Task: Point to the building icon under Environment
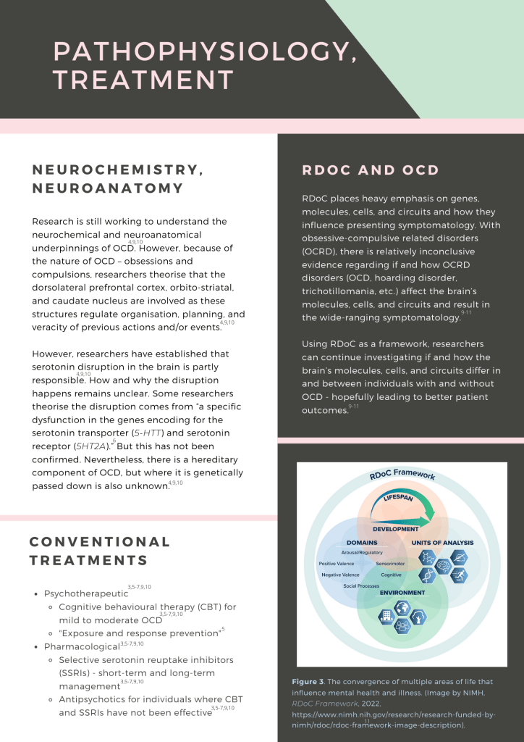click(385, 616)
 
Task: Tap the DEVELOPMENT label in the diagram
click(396, 529)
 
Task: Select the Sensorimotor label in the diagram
click(390, 563)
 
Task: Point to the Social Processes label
click(361, 585)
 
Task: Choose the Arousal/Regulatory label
click(362, 552)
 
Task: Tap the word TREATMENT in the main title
click(143, 80)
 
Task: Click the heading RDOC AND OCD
click(371, 170)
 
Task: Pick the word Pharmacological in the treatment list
click(81, 646)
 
